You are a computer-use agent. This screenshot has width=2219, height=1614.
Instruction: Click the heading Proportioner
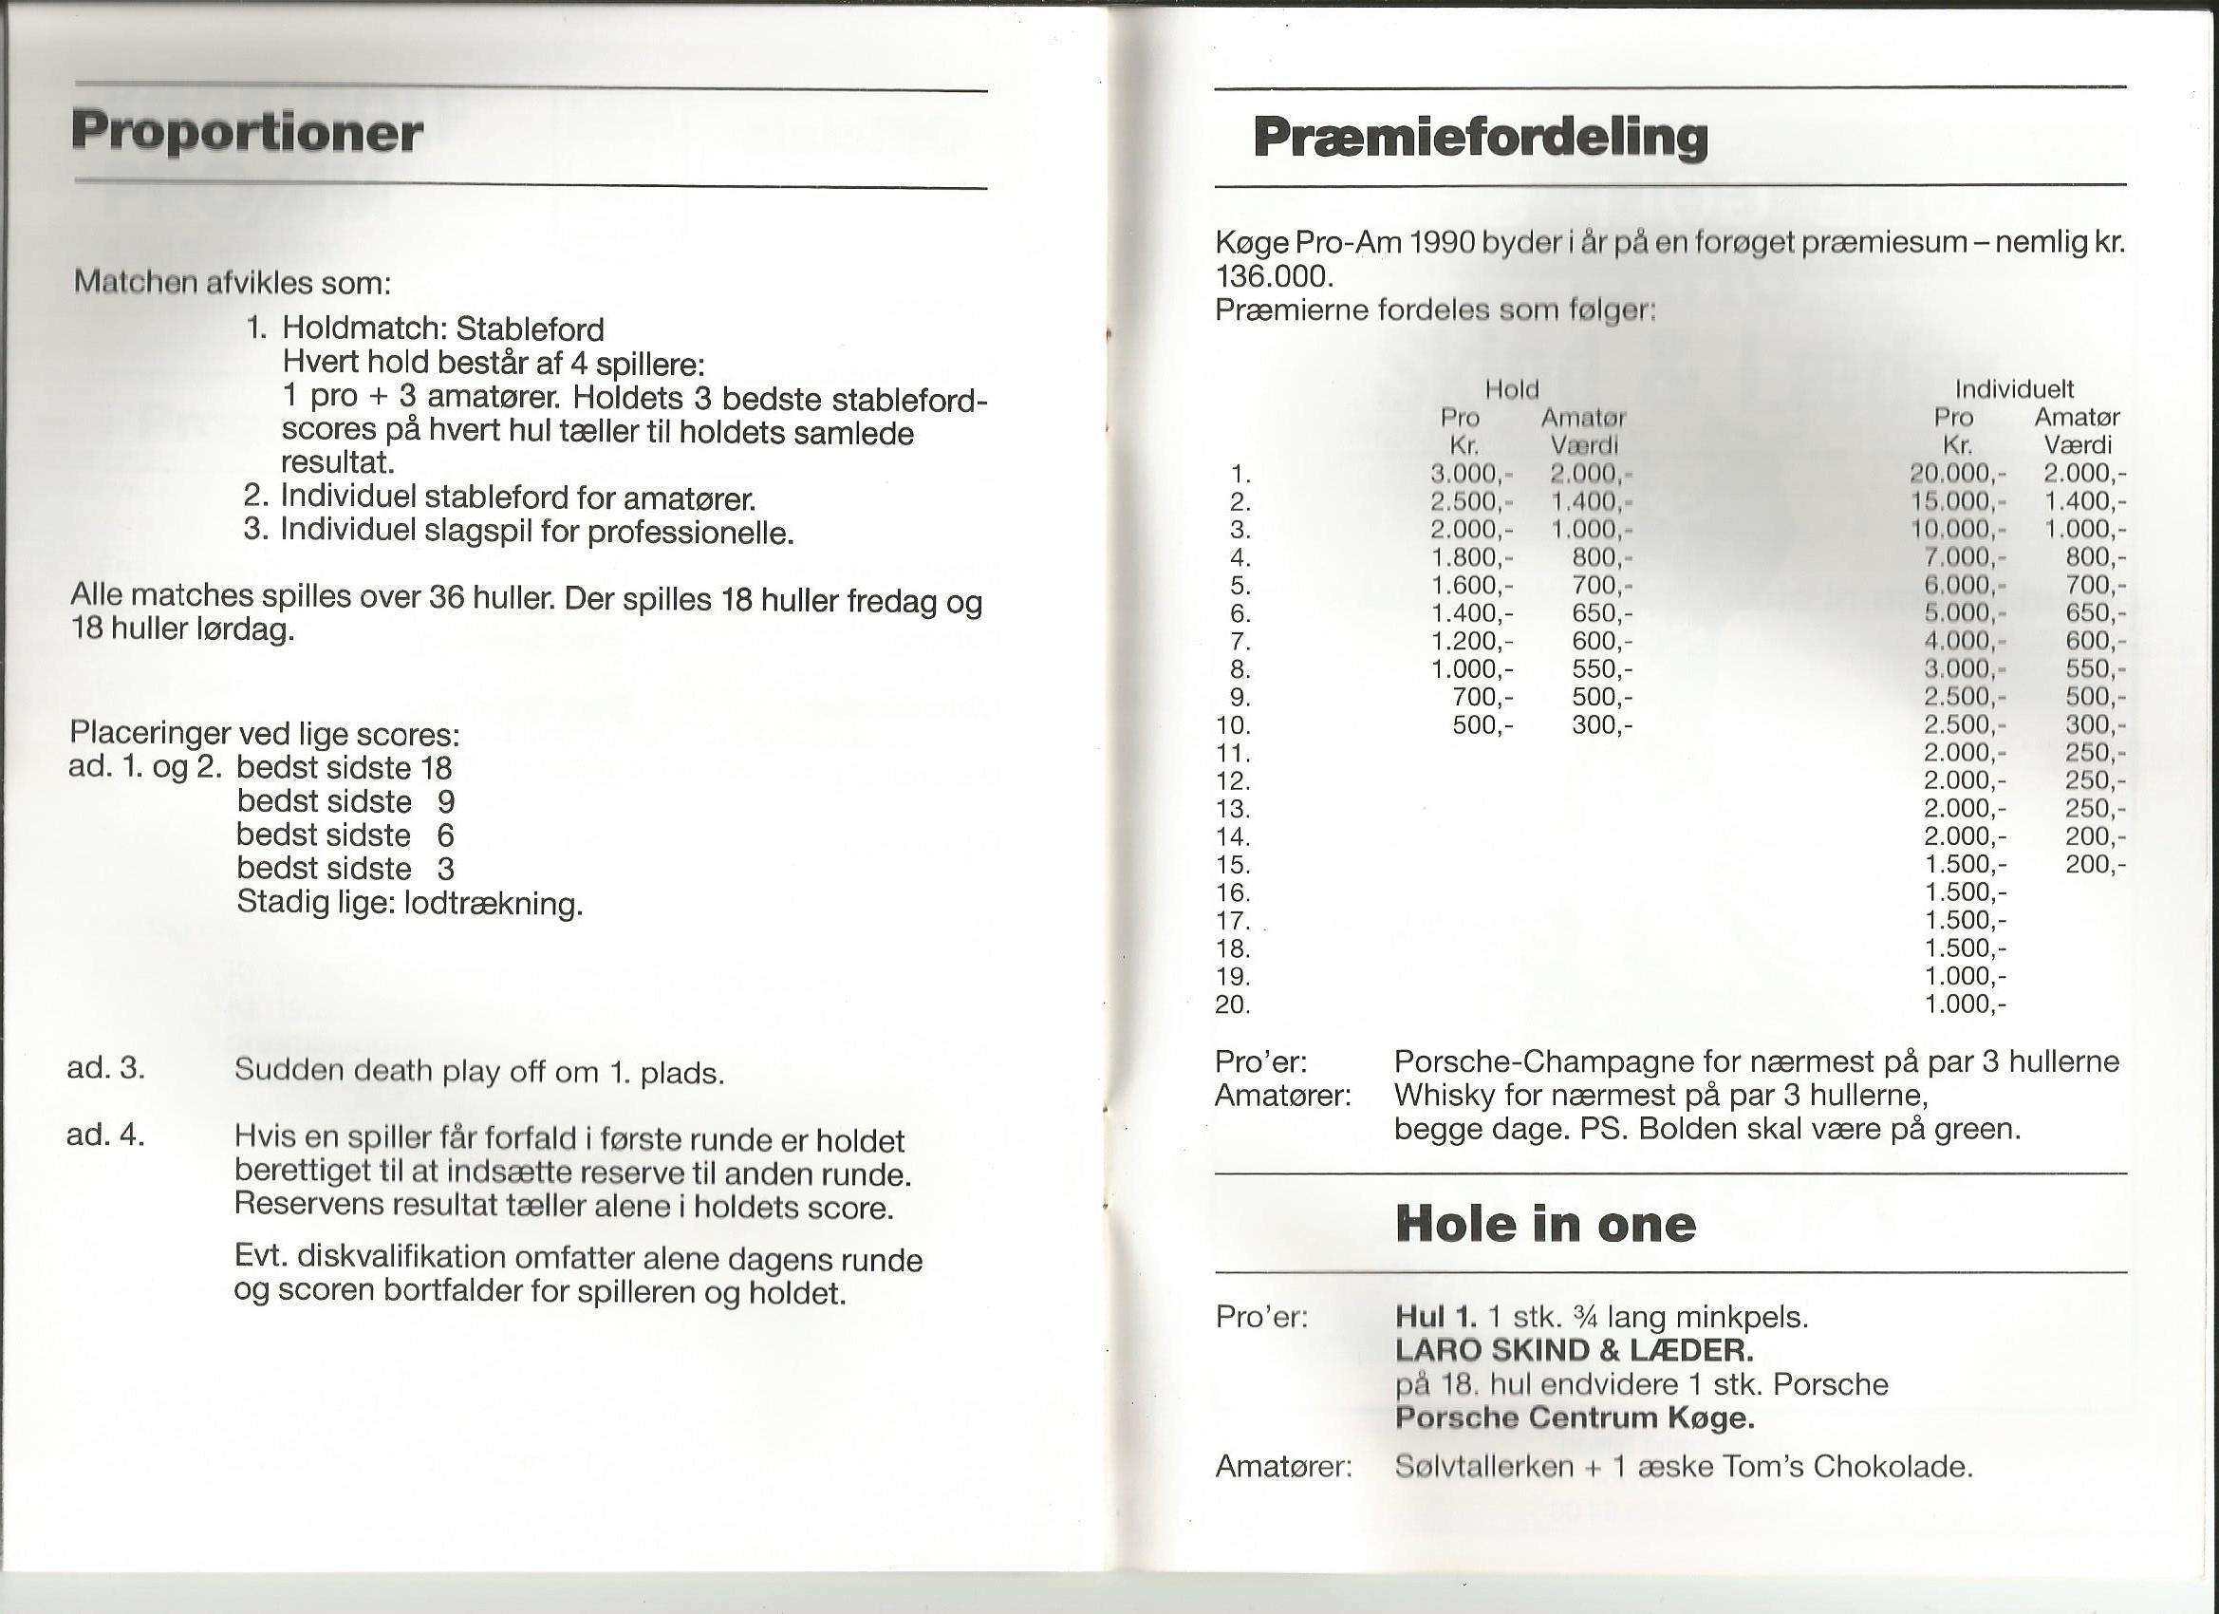247,132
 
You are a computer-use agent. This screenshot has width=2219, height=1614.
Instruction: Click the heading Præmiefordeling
1480,137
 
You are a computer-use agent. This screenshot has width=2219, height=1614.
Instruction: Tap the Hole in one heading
1545,1224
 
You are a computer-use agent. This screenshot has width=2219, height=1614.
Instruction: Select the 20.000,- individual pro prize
1957,474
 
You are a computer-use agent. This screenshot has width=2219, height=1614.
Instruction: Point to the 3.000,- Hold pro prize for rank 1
1470,474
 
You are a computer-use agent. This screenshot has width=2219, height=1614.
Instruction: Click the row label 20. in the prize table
1233,1004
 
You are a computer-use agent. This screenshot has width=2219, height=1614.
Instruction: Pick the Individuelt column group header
2015,389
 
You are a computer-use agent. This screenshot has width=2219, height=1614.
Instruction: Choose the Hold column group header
1512,389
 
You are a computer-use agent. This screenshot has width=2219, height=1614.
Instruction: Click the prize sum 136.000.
1274,276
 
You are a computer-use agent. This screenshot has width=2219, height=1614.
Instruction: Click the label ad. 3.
105,1068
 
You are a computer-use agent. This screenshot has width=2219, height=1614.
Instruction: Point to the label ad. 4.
105,1135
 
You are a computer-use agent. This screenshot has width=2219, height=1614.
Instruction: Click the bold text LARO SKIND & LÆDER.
1574,1351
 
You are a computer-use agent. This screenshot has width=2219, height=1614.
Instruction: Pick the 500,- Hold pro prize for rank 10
1483,725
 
